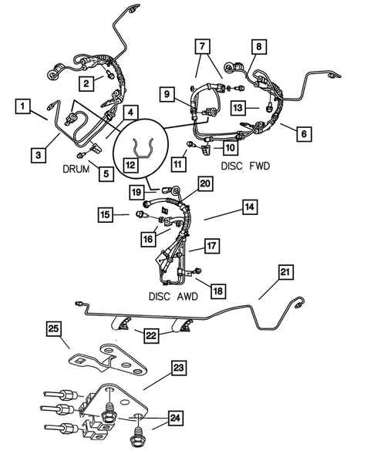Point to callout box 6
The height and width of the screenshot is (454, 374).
tap(304, 133)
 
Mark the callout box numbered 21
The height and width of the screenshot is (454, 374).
tap(286, 272)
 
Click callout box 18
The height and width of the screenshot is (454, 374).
tap(218, 291)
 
